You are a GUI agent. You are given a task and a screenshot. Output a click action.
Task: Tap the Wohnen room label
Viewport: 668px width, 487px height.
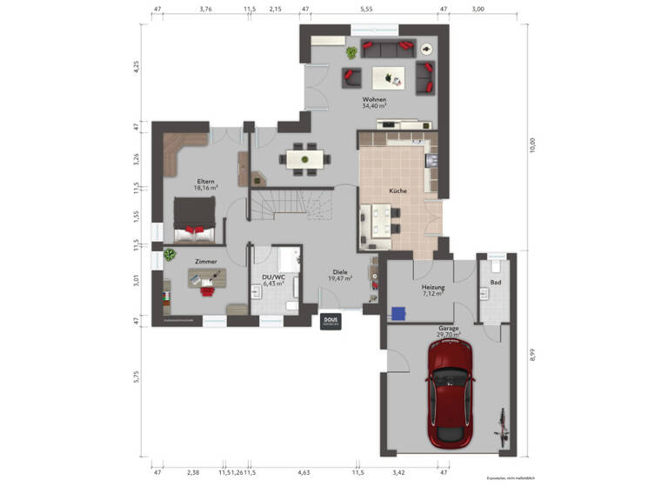click(375, 100)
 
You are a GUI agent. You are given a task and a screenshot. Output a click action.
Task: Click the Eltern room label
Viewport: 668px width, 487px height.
click(205, 182)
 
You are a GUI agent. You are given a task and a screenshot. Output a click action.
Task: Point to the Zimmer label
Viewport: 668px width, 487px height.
click(205, 261)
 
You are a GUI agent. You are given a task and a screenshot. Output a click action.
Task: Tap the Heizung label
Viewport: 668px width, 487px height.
click(433, 287)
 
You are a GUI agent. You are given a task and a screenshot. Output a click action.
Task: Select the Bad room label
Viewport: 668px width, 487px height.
click(496, 283)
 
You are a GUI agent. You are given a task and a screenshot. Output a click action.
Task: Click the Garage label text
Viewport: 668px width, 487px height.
click(449, 330)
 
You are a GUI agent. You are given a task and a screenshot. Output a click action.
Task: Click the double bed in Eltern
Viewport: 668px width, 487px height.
click(194, 218)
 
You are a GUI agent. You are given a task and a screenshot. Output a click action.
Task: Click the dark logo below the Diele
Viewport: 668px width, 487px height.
click(331, 321)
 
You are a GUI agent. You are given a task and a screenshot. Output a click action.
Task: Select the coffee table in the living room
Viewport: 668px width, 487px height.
click(387, 78)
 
